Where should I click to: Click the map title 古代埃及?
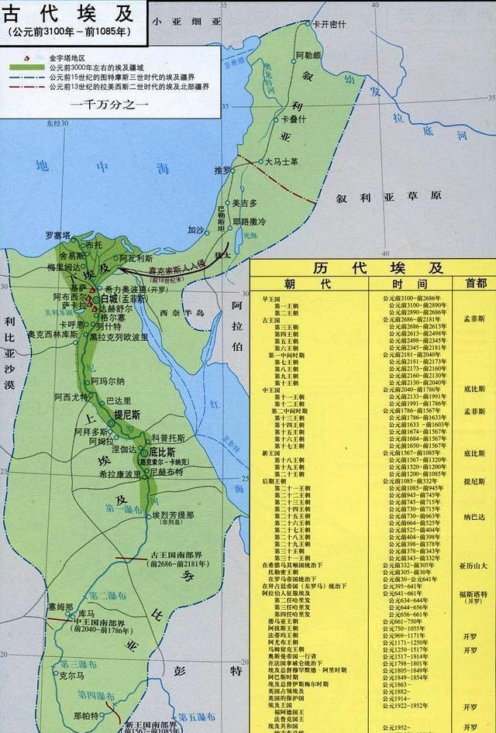[69, 13]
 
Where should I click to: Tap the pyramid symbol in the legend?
[26, 57]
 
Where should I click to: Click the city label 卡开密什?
[329, 24]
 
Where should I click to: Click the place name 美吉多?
[241, 203]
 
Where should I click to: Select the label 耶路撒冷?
[249, 221]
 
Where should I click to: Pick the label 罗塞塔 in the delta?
[57, 235]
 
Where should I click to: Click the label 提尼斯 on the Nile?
[126, 415]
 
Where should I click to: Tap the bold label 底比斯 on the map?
[163, 451]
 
